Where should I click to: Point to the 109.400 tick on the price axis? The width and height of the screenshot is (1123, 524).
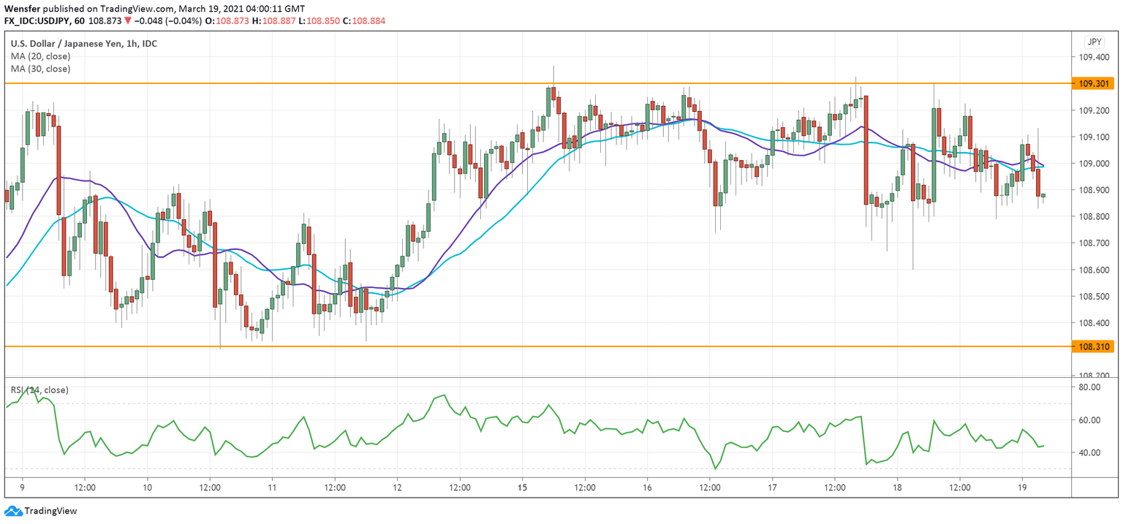coord(1094,58)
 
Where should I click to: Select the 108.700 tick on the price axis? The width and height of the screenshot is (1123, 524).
coord(1094,243)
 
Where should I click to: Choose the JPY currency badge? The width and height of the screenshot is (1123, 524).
coord(1094,42)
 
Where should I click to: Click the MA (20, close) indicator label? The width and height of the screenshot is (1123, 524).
coord(40,56)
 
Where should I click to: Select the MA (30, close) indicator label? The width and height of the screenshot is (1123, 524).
coord(40,69)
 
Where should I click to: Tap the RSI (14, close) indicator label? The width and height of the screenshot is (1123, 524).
coord(39,390)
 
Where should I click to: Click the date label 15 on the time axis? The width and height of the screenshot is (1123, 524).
coord(522,487)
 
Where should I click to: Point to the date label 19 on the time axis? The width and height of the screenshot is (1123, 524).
coord(1022,487)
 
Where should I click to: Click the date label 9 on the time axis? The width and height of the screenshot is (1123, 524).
coord(22,487)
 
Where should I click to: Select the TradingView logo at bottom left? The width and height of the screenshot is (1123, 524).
coord(41,511)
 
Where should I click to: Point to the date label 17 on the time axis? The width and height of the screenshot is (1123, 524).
coord(772,487)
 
